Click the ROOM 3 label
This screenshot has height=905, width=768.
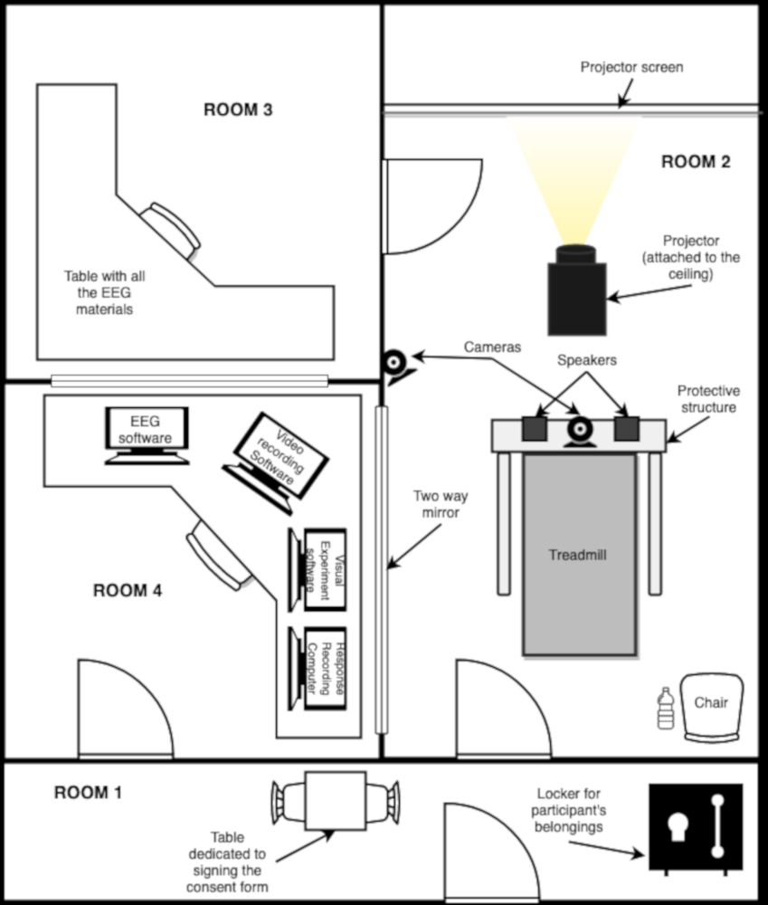(x=238, y=110)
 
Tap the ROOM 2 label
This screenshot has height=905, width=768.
(x=696, y=162)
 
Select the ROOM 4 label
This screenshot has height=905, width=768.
(x=128, y=590)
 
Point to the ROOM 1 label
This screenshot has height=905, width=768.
(x=89, y=793)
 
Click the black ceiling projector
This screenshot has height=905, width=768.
(x=577, y=291)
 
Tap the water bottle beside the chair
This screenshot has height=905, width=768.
(x=666, y=709)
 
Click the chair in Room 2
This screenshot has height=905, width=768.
(x=711, y=708)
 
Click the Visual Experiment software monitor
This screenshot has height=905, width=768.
(x=318, y=569)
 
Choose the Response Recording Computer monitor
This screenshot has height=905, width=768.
(x=318, y=669)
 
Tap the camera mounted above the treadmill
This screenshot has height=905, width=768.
(x=578, y=432)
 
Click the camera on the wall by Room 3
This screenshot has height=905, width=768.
(x=399, y=367)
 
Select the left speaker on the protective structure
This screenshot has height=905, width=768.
(x=535, y=429)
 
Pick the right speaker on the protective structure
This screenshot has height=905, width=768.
(x=627, y=429)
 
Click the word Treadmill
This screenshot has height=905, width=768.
(x=577, y=556)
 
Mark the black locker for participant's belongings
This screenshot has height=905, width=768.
(x=696, y=827)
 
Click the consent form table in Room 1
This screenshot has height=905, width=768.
(x=336, y=801)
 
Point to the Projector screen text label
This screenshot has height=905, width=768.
(x=631, y=68)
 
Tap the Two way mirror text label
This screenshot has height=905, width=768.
(x=441, y=504)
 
